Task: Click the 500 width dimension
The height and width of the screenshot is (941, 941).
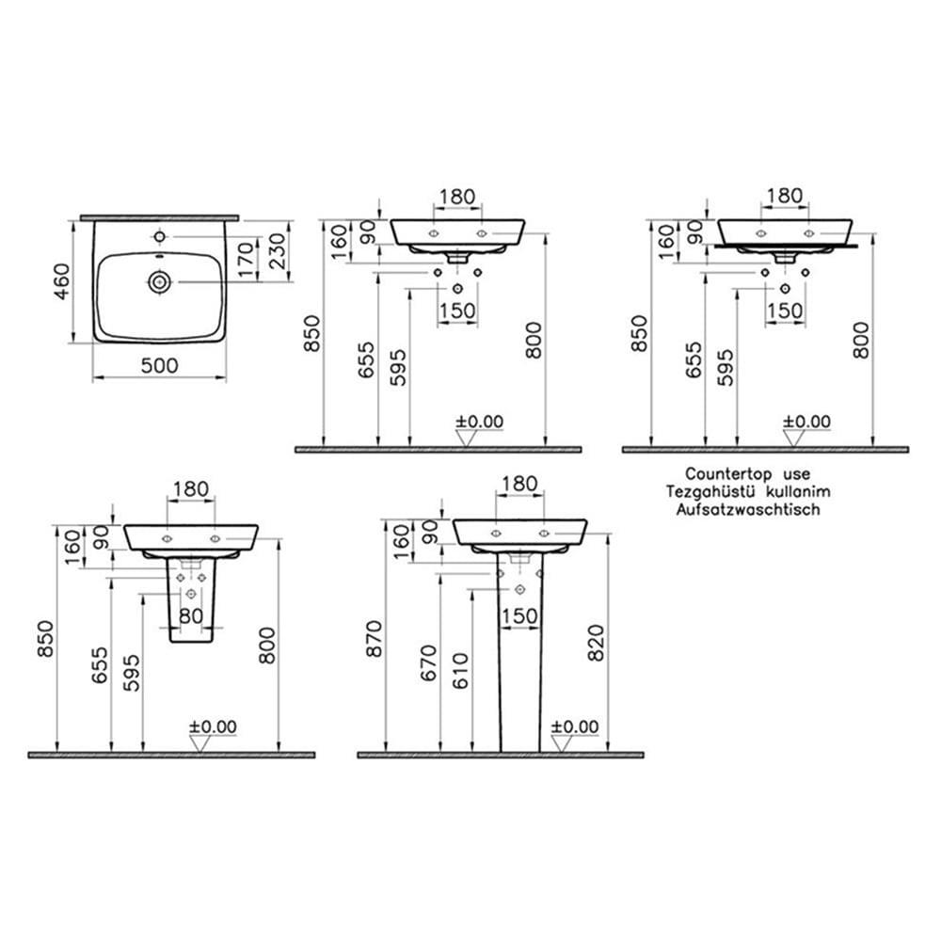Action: tap(160, 365)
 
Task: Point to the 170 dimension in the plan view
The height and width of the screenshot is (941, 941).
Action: tap(246, 260)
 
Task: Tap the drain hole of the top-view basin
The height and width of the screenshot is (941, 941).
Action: tap(160, 281)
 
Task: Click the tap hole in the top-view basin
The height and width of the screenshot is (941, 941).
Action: tap(159, 236)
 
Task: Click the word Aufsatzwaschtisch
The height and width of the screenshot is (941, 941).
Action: tap(748, 509)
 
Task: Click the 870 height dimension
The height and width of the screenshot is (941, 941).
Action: tap(374, 639)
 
